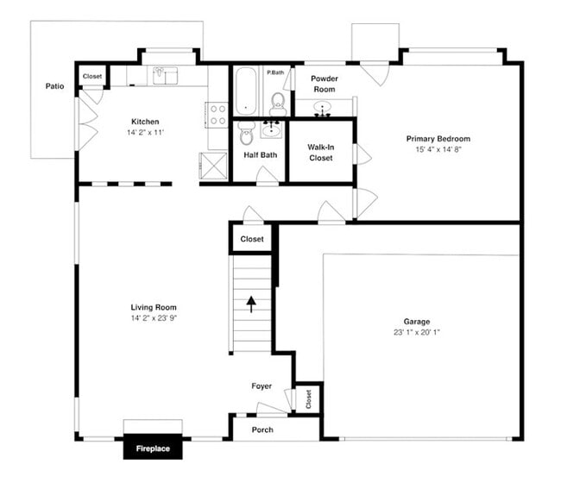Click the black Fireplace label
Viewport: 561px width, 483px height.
(152, 449)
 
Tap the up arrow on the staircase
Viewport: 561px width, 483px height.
(251, 304)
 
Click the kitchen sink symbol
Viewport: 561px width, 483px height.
(165, 76)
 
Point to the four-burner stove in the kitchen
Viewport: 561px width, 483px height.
(217, 115)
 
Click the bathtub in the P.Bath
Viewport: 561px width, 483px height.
(246, 91)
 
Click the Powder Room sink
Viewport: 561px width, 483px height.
(323, 110)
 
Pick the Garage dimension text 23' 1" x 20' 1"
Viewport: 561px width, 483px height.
(417, 333)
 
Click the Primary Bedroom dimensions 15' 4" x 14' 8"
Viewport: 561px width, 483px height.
(438, 149)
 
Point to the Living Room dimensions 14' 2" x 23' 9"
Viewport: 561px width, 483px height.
(154, 318)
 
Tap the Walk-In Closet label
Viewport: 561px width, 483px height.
(320, 153)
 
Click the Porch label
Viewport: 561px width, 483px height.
(262, 430)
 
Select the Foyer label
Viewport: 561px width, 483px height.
(262, 386)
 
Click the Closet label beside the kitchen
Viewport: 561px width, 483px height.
(92, 77)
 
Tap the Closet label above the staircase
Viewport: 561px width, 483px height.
(252, 239)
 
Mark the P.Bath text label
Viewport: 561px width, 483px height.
(275, 72)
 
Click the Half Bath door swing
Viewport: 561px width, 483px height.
(267, 175)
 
